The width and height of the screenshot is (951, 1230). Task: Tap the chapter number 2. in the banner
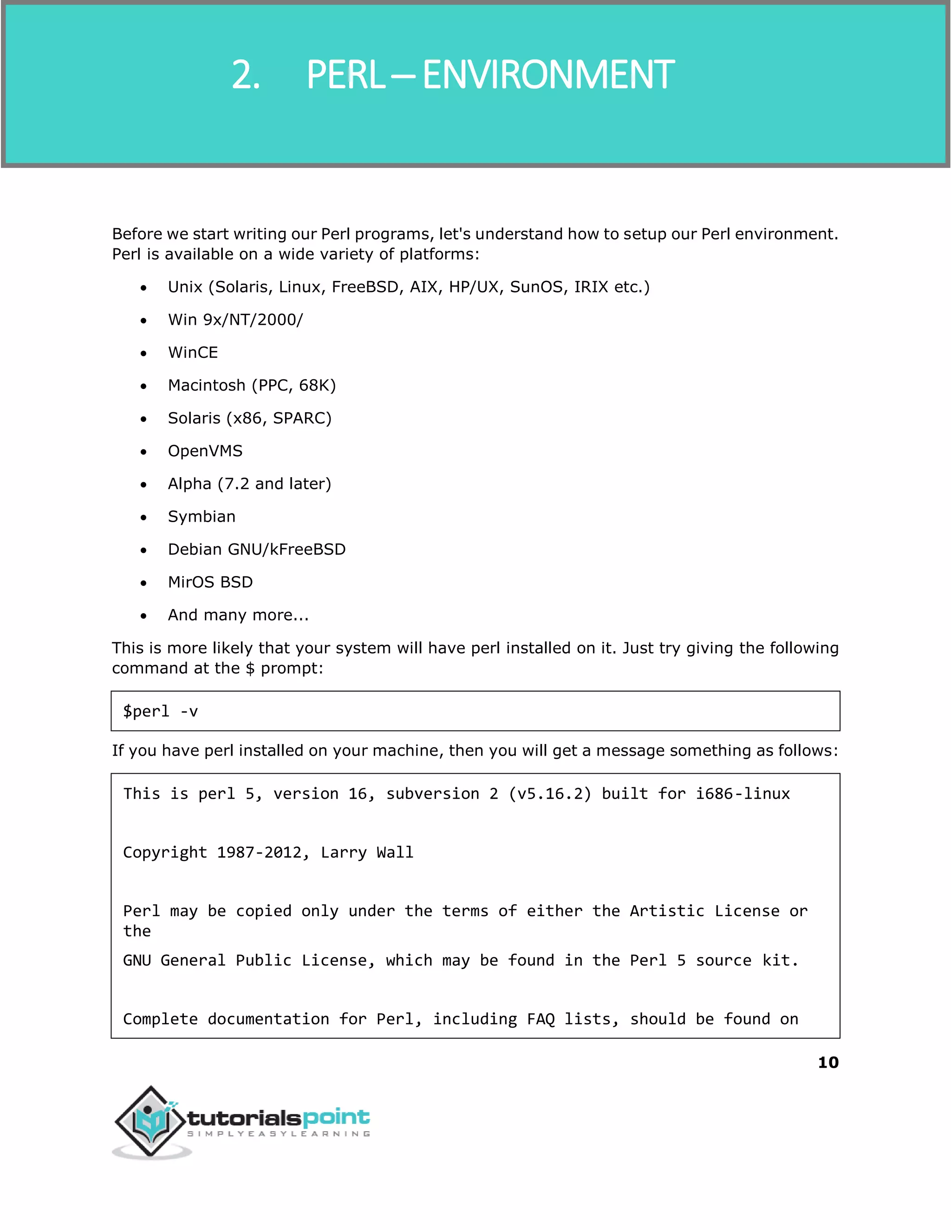tap(246, 75)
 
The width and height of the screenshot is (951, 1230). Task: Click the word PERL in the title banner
tap(345, 75)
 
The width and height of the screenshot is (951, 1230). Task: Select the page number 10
tap(827, 1062)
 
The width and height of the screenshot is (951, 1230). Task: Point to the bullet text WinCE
tap(193, 353)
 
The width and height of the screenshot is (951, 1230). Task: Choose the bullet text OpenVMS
tap(205, 451)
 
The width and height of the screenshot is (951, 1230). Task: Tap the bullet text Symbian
tap(202, 517)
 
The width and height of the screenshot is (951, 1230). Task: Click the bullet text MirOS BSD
tap(210, 583)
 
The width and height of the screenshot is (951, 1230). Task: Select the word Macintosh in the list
tap(207, 385)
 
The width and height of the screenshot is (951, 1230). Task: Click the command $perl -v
tap(161, 711)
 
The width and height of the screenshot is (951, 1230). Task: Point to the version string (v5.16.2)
tap(550, 794)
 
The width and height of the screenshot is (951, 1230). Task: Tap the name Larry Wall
tap(367, 853)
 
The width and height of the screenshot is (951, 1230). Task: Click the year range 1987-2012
tap(263, 853)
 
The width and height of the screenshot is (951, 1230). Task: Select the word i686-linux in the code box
tap(742, 794)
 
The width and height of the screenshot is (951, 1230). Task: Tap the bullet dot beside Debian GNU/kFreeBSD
tap(143, 550)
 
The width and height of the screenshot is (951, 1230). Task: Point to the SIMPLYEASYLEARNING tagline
tap(278, 1134)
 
